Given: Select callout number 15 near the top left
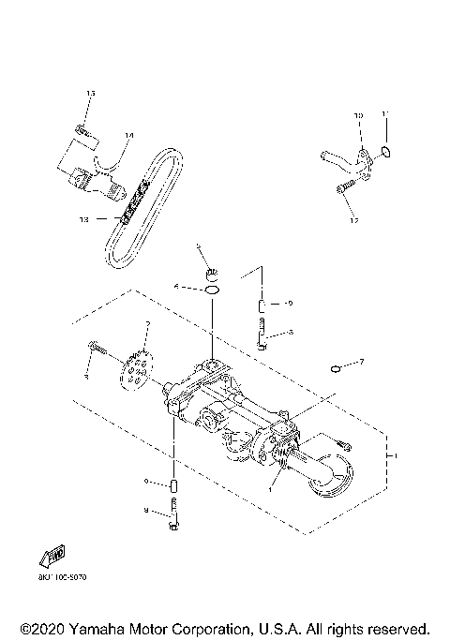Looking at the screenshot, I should [x=91, y=95].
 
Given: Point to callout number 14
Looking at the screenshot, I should [x=128, y=136].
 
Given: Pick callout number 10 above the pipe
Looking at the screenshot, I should [x=357, y=115].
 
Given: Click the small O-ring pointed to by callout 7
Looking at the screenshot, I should [x=335, y=369].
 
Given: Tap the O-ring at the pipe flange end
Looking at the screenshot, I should [x=387, y=152].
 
